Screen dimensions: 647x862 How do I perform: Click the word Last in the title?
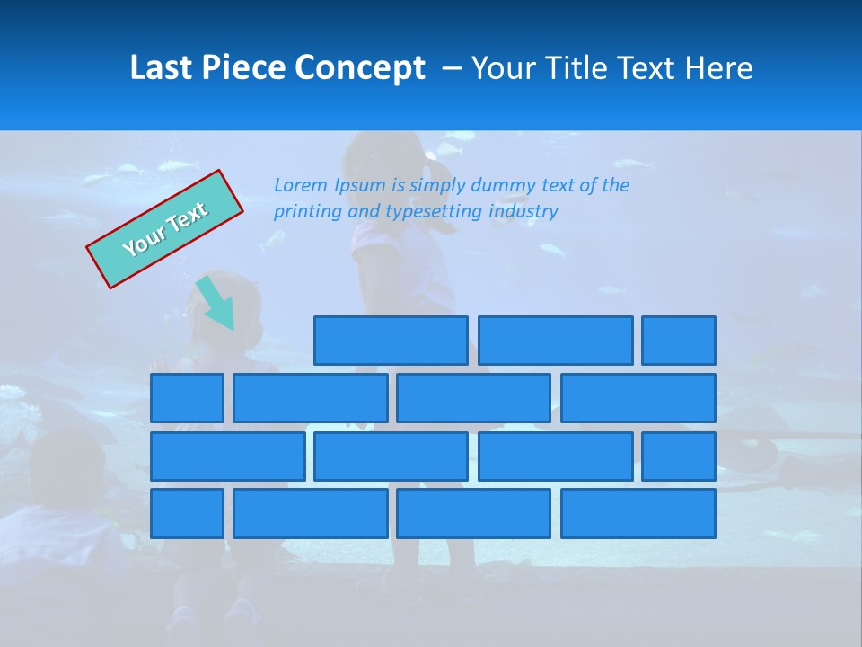point(162,68)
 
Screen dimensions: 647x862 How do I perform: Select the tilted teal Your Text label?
point(165,229)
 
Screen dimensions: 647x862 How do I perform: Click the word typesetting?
point(435,211)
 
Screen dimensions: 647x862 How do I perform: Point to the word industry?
point(523,211)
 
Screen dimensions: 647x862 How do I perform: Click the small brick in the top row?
point(679,341)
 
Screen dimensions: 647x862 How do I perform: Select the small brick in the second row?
point(187,398)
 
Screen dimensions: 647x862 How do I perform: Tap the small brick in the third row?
point(679,456)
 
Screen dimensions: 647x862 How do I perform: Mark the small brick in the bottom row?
point(187,514)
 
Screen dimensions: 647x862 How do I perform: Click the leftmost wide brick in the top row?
point(391,341)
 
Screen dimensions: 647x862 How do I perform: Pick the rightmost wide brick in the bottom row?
point(638,514)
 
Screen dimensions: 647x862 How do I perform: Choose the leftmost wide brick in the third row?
point(227,456)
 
